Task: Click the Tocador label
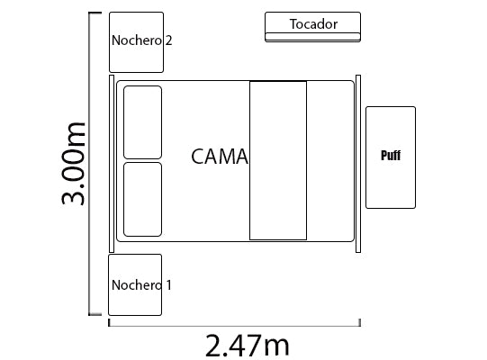click(x=313, y=24)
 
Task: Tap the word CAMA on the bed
click(x=220, y=157)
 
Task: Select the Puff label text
click(x=391, y=156)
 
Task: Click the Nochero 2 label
click(x=141, y=40)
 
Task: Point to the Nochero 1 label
click(x=141, y=285)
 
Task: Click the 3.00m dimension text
click(x=73, y=164)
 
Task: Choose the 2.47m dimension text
click(x=248, y=346)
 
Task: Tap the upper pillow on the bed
click(x=142, y=122)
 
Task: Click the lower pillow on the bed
click(x=142, y=200)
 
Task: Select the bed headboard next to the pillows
click(x=112, y=164)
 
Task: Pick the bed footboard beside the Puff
click(x=358, y=164)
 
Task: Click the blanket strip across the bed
click(x=278, y=160)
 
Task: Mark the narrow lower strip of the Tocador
click(x=312, y=37)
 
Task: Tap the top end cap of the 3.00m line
click(x=95, y=13)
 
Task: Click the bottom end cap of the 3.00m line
click(x=95, y=314)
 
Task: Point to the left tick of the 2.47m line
click(x=109, y=322)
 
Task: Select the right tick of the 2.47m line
click(x=360, y=322)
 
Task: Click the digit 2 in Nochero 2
click(x=168, y=40)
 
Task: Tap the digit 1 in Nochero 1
click(x=169, y=285)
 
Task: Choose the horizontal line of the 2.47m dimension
click(x=234, y=326)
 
